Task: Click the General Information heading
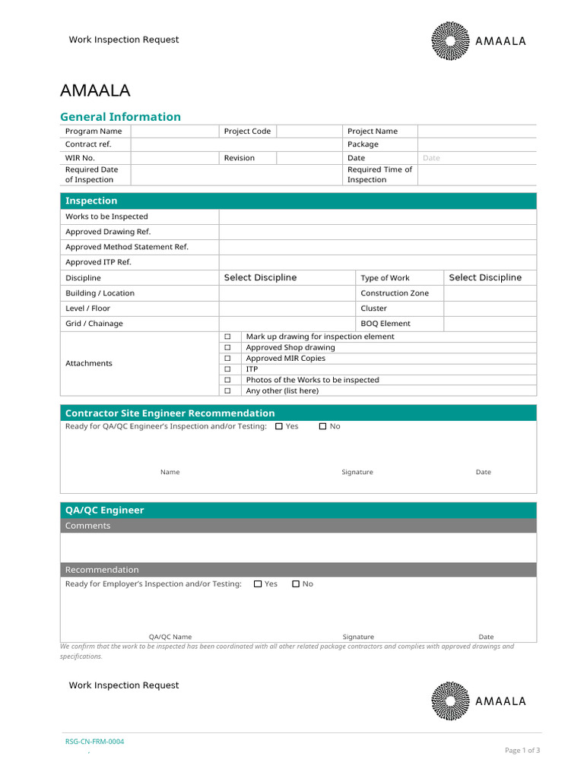coord(120,117)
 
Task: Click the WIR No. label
coord(80,158)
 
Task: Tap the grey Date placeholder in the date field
coord(431,158)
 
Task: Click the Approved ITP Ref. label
coord(98,262)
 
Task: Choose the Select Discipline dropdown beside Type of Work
coord(485,278)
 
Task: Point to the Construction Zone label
coord(394,293)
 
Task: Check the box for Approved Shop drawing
coord(227,348)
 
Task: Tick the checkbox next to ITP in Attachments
coord(227,369)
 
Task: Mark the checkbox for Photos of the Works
coord(227,380)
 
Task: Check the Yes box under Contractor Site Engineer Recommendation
coord(279,427)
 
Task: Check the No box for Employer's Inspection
coord(296,584)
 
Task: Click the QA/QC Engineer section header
coord(104,511)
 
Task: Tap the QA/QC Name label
coord(170,637)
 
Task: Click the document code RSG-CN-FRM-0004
coord(94,742)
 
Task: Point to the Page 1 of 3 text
coord(522,751)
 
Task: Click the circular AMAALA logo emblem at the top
coord(451,41)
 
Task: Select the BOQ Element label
coord(385,324)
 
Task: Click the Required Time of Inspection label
coord(379,175)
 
